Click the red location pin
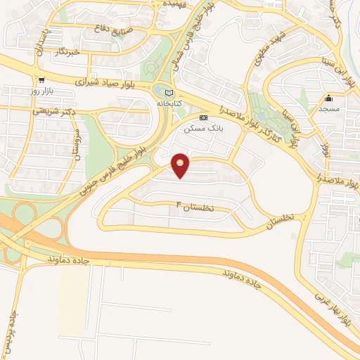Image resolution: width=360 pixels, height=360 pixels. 181,165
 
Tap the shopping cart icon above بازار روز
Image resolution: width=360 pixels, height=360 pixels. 43,80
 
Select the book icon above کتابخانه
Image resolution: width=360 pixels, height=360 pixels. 167,93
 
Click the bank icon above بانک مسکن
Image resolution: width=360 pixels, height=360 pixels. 203,118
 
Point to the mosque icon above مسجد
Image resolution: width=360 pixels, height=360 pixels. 328,98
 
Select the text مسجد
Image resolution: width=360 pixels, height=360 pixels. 328,109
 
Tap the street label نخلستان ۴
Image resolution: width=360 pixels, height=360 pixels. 205,207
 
